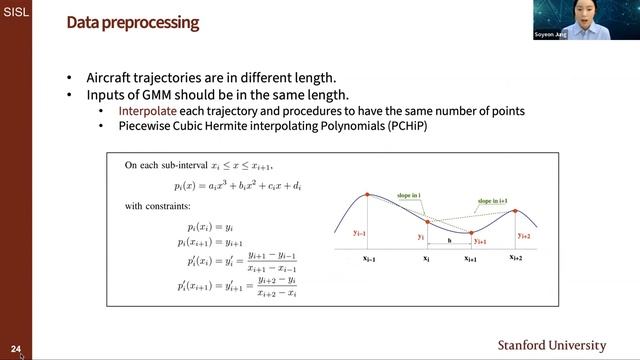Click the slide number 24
16,350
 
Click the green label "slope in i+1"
481,203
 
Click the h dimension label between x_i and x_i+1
449,240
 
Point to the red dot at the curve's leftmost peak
367,194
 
